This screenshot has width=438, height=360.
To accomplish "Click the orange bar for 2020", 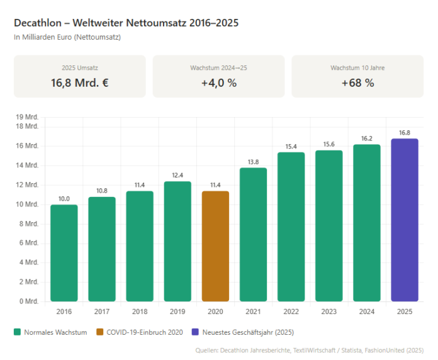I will click(215, 246).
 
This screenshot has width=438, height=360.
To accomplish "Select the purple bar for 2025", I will click(405, 220).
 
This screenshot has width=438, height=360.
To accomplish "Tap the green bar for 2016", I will click(64, 253).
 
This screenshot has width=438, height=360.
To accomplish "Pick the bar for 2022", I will click(291, 227).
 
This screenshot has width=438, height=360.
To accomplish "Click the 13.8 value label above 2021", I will click(253, 162).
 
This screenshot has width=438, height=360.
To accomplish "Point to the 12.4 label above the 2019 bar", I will click(177, 176).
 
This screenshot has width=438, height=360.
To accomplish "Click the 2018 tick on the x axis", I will click(140, 312).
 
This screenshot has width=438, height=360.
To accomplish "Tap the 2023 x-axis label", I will click(329, 312).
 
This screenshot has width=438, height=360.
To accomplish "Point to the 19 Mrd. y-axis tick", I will click(28, 117).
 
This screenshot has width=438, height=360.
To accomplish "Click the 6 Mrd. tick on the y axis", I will click(30, 243).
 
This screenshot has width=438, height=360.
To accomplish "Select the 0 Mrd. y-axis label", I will click(30, 301).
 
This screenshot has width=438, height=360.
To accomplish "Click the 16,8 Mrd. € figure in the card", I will click(79, 82).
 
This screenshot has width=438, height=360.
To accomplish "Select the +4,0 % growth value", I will click(219, 82).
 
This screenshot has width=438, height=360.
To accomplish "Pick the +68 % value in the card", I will click(357, 82).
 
